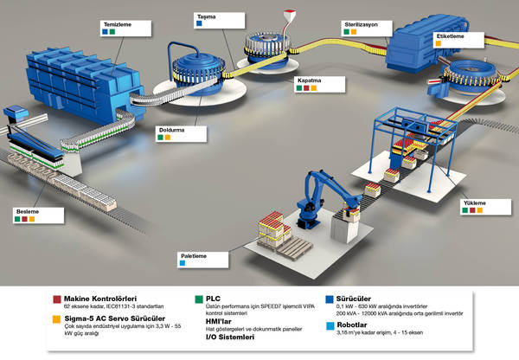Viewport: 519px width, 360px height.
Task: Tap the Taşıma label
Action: (x=206, y=16)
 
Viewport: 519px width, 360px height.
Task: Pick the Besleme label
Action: (x=27, y=210)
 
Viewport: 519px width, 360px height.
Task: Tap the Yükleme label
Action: (x=475, y=204)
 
